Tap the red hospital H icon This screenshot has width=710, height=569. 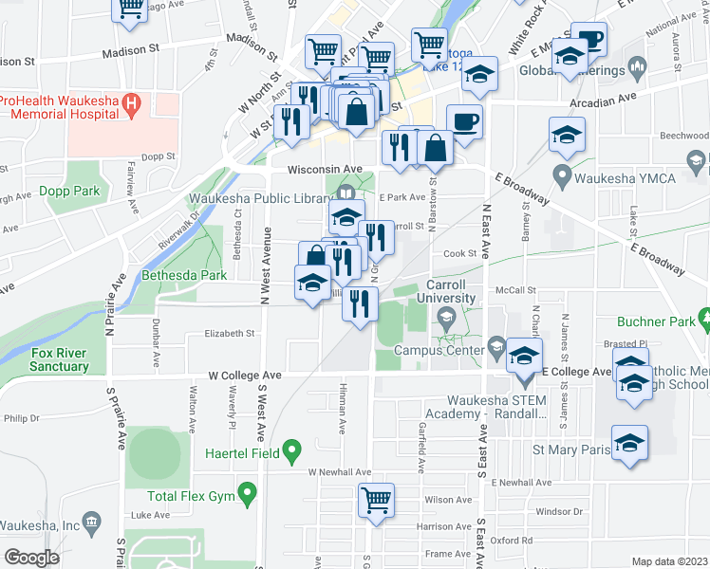(x=133, y=101)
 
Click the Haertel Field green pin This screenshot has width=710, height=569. (x=293, y=452)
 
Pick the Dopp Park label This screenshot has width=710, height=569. (x=69, y=191)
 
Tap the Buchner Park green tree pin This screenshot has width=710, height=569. (x=703, y=316)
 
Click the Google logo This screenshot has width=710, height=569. (x=31, y=557)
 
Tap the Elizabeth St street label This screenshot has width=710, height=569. (x=231, y=334)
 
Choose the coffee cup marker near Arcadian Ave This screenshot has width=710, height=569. (x=464, y=122)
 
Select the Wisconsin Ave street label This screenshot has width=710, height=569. (x=327, y=169)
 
